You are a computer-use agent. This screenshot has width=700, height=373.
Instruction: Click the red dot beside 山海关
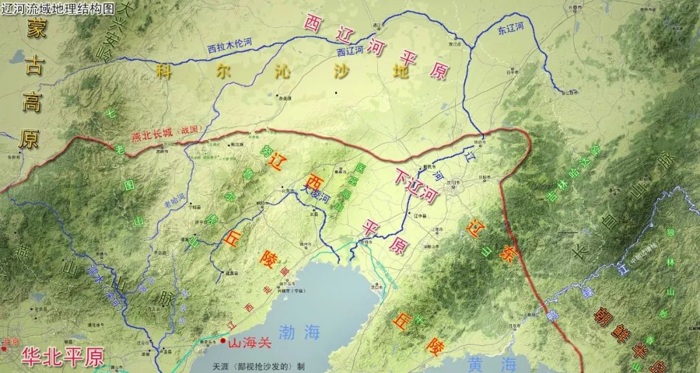pyautogui.click(x=223, y=341)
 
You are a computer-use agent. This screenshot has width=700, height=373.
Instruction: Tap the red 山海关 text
pyautogui.click(x=250, y=341)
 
